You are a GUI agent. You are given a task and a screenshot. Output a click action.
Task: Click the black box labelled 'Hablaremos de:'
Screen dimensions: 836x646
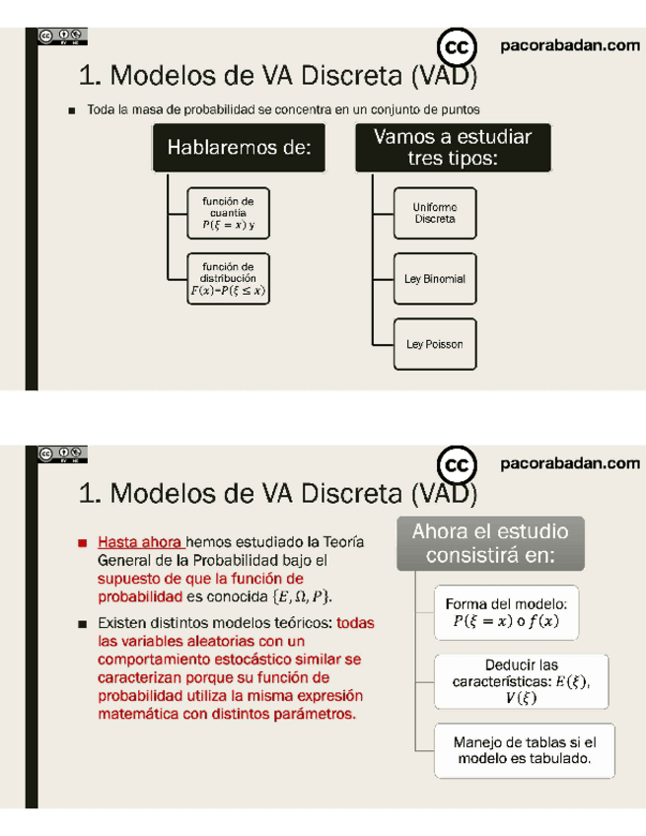click(239, 149)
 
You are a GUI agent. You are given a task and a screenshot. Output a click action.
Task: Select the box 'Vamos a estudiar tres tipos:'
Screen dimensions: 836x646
click(453, 148)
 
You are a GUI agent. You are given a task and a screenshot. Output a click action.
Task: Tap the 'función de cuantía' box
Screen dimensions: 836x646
click(228, 213)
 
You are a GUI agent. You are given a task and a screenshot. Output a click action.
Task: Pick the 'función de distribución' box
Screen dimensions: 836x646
click(228, 278)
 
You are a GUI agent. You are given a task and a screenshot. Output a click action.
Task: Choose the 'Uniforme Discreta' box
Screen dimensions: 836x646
click(434, 213)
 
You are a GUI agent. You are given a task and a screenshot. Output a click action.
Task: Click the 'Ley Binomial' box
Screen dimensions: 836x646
click(434, 279)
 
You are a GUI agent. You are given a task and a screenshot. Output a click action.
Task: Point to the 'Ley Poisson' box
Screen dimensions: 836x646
click(434, 345)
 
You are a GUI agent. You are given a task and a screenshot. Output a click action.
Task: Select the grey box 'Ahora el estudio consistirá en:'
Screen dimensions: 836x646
click(490, 543)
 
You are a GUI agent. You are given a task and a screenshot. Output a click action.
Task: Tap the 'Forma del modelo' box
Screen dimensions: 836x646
click(505, 612)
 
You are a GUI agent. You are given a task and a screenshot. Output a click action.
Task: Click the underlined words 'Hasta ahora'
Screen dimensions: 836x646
click(140, 542)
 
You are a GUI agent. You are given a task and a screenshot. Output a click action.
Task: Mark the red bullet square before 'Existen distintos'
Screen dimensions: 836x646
click(83, 624)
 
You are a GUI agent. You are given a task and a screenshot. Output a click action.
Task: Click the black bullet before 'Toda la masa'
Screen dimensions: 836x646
click(72, 110)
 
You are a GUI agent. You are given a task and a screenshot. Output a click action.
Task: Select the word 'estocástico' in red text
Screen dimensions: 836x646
click(279, 658)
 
